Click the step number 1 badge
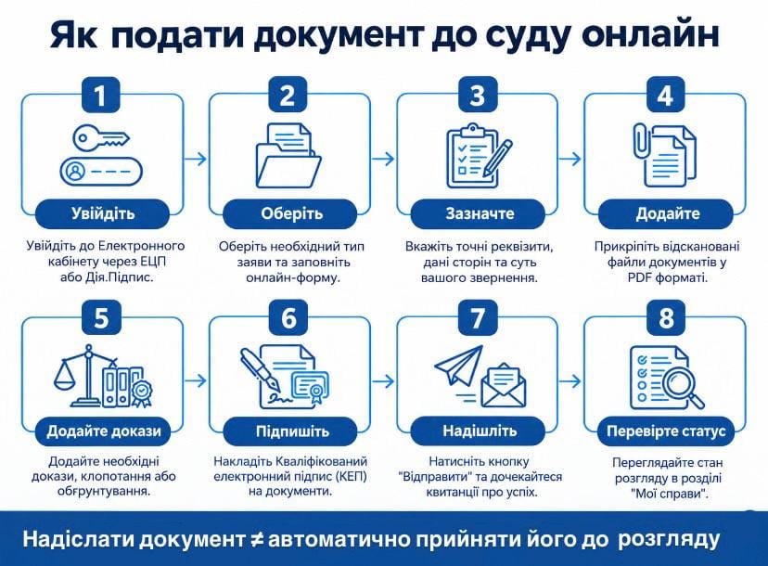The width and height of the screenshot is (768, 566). tap(100, 94)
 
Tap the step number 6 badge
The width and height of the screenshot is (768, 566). tap(288, 316)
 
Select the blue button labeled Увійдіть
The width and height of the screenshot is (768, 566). tap(102, 213)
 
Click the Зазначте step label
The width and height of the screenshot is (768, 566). tap(478, 213)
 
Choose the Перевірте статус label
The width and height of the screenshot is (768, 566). tap(666, 431)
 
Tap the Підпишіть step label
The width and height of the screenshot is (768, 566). tap(290, 431)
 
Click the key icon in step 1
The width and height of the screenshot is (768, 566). tap(101, 137)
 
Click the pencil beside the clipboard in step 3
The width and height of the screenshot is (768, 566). tap(498, 159)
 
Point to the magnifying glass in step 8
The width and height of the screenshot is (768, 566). tap(682, 387)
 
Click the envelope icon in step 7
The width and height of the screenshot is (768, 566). tap(504, 385)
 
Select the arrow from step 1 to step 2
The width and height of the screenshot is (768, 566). tap(196, 159)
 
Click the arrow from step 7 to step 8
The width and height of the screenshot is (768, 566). tap(570, 380)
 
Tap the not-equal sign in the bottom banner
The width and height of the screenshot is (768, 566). tap(256, 540)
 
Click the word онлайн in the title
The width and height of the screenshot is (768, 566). tap(651, 34)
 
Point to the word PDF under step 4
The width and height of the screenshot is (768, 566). tap(639, 278)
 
